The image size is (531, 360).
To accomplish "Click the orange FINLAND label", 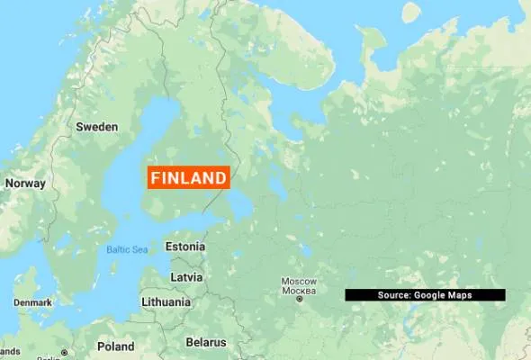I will [x=188, y=178].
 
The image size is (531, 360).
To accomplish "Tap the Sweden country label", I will [x=96, y=127].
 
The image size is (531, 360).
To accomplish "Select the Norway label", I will [x=24, y=183].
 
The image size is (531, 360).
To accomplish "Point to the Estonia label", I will [x=184, y=246].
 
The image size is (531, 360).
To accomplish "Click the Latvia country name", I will [x=186, y=276].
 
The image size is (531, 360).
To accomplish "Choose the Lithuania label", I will [x=166, y=302].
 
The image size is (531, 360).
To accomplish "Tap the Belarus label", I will [x=204, y=342].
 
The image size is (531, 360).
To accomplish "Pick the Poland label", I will [x=115, y=346].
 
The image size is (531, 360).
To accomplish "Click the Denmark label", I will [x=32, y=302].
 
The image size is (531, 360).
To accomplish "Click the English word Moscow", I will [x=299, y=281].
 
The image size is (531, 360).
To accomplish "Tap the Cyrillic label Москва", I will [x=299, y=291].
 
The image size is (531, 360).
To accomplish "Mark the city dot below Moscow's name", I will [x=299, y=300].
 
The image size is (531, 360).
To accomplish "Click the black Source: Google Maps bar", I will [x=425, y=295].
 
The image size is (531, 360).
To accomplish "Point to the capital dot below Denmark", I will [x=64, y=352].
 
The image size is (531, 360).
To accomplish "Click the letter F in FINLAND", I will [x=155, y=178].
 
